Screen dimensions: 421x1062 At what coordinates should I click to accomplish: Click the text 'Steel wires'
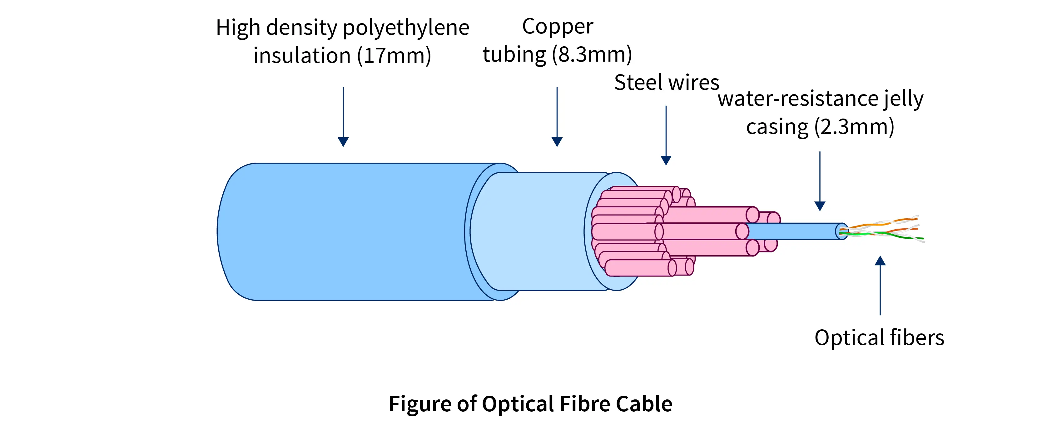point(666,83)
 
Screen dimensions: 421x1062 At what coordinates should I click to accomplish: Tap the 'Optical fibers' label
point(879,337)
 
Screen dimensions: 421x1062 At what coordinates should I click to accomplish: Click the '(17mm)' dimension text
point(394,56)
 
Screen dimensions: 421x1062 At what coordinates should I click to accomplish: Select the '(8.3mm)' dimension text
point(592,54)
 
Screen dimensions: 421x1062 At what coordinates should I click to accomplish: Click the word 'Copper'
point(557,27)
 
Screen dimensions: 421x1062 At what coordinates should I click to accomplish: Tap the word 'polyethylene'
point(406,28)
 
